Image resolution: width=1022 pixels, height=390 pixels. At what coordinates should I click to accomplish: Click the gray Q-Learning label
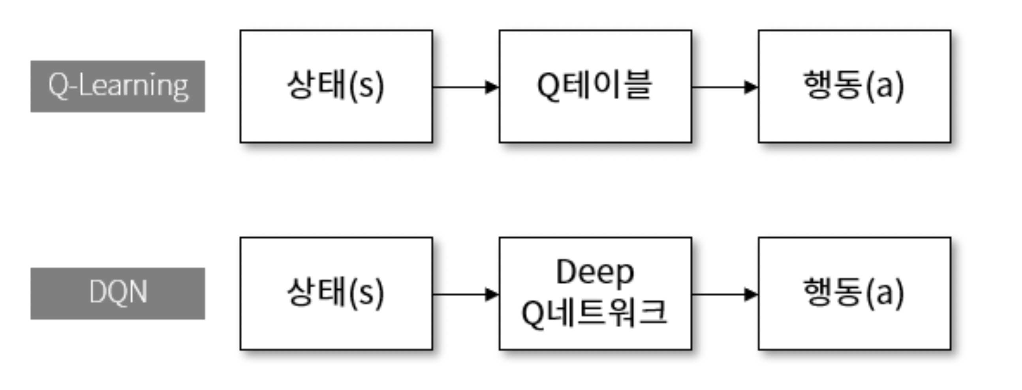[x=118, y=86]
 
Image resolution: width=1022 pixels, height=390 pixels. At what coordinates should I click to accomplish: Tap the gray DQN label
[x=118, y=293]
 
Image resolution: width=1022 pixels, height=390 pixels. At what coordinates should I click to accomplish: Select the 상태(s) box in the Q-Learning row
[x=336, y=86]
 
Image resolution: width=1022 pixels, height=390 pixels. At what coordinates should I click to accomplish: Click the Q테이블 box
[x=595, y=86]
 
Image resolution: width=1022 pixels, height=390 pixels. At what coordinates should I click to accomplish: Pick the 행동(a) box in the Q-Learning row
[x=854, y=86]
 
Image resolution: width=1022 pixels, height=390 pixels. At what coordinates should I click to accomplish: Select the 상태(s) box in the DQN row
[x=336, y=293]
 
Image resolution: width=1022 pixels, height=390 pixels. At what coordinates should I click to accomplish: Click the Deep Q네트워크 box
[x=595, y=293]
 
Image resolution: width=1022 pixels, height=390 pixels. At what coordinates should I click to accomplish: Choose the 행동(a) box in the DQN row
[x=854, y=293]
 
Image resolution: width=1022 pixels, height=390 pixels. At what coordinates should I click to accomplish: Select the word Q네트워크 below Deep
[x=594, y=313]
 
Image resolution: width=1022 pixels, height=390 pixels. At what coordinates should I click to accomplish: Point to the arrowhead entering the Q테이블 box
[x=492, y=86]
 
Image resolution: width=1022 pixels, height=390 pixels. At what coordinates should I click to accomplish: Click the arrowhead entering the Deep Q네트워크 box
[x=492, y=294]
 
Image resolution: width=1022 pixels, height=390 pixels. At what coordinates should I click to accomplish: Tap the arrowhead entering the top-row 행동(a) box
[x=751, y=86]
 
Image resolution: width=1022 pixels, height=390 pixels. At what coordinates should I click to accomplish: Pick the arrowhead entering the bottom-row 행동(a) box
[x=751, y=294]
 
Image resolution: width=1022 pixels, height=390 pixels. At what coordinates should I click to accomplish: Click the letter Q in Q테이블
[x=548, y=86]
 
